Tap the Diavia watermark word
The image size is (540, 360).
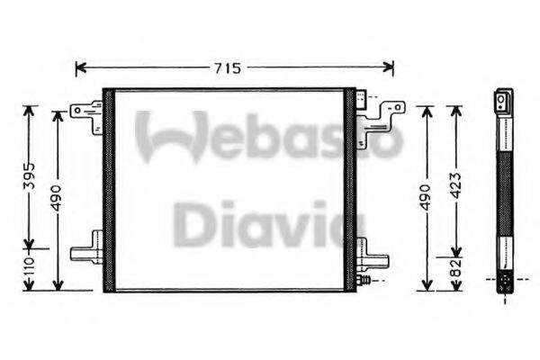(x=259, y=225)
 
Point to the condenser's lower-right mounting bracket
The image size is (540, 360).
(x=373, y=256)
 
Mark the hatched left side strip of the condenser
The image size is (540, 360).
(x=109, y=189)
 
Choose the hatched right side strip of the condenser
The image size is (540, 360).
(x=350, y=189)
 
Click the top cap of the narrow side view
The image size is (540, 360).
(x=505, y=100)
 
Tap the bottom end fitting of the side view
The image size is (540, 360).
(x=505, y=281)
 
